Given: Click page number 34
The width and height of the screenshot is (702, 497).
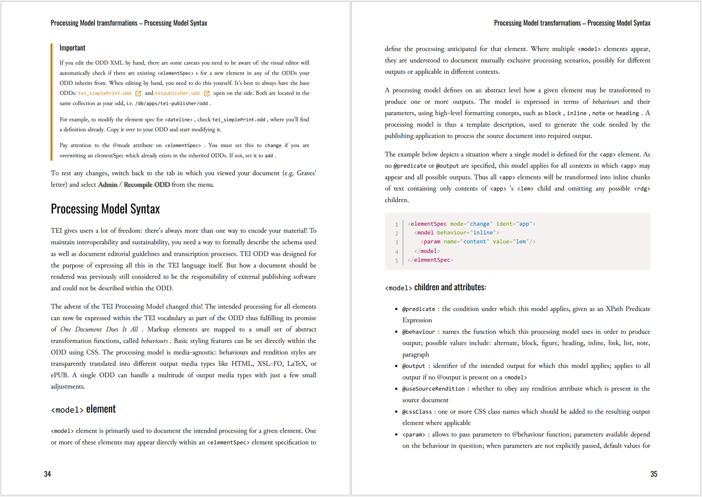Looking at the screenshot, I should click(47, 474).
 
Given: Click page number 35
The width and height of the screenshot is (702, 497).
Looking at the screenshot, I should click(653, 474).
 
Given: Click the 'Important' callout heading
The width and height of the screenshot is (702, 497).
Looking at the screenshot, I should click(72, 48).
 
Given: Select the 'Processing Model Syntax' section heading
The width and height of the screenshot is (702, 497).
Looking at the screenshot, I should click(105, 209).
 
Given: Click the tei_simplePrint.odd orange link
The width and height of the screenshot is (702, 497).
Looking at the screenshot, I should click(104, 93).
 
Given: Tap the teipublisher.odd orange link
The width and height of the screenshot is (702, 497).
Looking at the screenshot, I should click(177, 93).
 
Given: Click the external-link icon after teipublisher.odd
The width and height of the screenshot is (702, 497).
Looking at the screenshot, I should click(207, 93).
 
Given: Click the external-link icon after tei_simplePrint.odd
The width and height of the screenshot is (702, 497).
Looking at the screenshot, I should click(138, 93).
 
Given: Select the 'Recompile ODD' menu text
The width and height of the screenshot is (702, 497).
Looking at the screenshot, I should click(147, 185).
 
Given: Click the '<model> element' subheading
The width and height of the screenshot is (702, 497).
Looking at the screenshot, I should click(83, 409).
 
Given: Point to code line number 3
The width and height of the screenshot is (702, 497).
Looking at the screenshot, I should click(397, 242).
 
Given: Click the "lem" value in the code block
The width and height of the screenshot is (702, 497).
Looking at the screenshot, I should click(520, 242).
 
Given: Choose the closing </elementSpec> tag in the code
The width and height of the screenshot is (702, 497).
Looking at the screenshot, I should click(430, 260).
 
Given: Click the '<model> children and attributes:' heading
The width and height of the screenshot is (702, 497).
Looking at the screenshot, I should click(435, 288).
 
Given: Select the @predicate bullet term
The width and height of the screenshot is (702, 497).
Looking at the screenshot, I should click(418, 309).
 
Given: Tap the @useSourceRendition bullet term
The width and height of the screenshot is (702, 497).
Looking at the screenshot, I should click(433, 389).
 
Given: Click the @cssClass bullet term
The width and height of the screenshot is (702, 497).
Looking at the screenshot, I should click(417, 412).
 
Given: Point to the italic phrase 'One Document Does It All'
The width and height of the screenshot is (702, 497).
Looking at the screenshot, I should click(99, 329).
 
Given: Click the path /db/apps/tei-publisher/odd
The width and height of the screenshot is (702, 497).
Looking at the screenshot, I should click(171, 104).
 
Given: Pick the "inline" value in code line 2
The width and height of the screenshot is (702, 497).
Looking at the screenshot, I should click(484, 233).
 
